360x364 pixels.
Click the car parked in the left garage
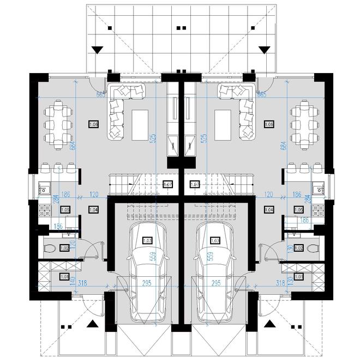click(148, 272)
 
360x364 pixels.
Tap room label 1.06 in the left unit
click(93, 125)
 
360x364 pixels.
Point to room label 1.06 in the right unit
click(268, 125)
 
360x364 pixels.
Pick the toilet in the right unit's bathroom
click(311, 249)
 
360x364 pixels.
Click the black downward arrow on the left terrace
click(97, 50)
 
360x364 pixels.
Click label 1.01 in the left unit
click(64, 276)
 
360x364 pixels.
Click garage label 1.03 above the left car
click(147, 240)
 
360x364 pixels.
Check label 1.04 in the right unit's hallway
click(268, 210)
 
